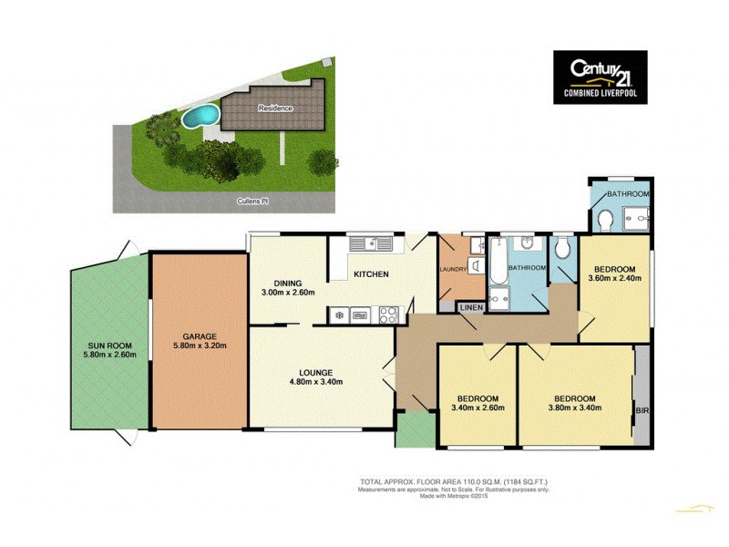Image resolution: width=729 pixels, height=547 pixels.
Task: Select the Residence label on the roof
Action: click(x=275, y=108)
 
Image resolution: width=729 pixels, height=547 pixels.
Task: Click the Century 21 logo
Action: click(x=600, y=77)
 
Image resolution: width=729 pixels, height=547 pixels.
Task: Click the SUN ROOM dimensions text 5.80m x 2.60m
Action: click(x=109, y=355)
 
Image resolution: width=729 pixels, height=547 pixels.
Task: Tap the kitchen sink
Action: click(x=371, y=243)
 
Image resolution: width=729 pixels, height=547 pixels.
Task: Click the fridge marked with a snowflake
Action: click(x=339, y=315)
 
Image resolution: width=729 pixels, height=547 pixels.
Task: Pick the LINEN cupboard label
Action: click(x=470, y=308)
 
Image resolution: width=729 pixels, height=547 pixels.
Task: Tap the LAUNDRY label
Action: click(x=453, y=269)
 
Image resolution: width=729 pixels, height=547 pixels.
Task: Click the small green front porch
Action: click(x=415, y=429)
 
